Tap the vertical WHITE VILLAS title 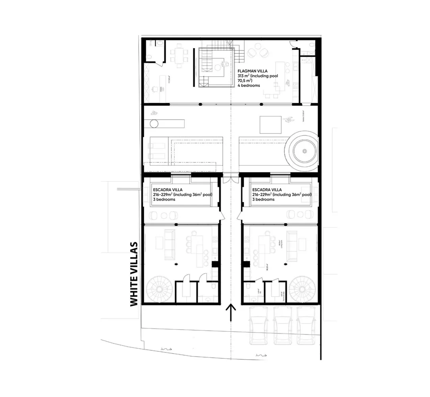[x=134, y=274]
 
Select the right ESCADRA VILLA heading [x=267, y=190]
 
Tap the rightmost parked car [x=307, y=327]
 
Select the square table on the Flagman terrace [x=270, y=125]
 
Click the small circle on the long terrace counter [x=154, y=123]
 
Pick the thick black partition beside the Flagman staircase [x=194, y=66]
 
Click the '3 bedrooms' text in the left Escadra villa [x=164, y=200]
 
